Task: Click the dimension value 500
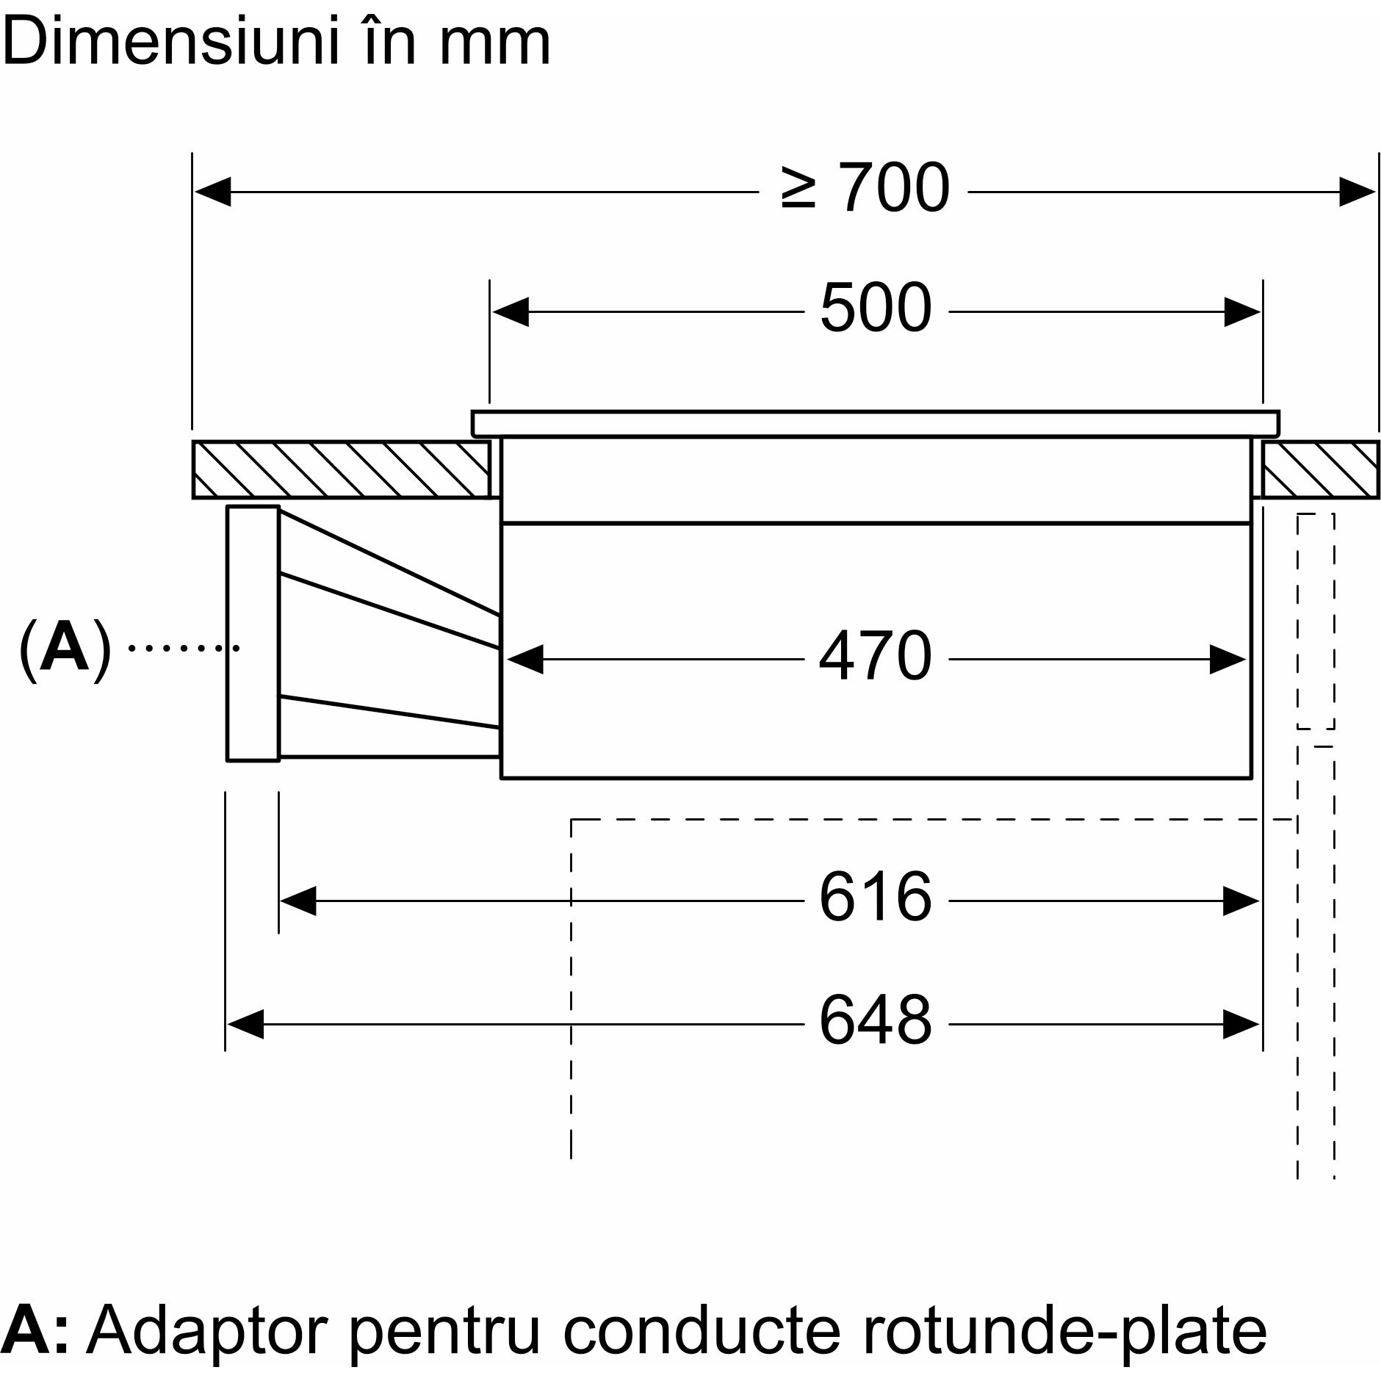pyautogui.click(x=876, y=309)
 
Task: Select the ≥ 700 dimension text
pyautogui.click(x=865, y=190)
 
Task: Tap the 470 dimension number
pyautogui.click(x=876, y=656)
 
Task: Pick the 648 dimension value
pyautogui.click(x=876, y=1020)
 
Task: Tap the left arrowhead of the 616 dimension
pyautogui.click(x=298, y=901)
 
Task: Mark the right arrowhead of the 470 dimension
pyautogui.click(x=1228, y=660)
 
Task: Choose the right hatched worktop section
pyautogui.click(x=1320, y=469)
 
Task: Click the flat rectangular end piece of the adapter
pyautogui.click(x=253, y=633)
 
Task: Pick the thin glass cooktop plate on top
pyautogui.click(x=875, y=424)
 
